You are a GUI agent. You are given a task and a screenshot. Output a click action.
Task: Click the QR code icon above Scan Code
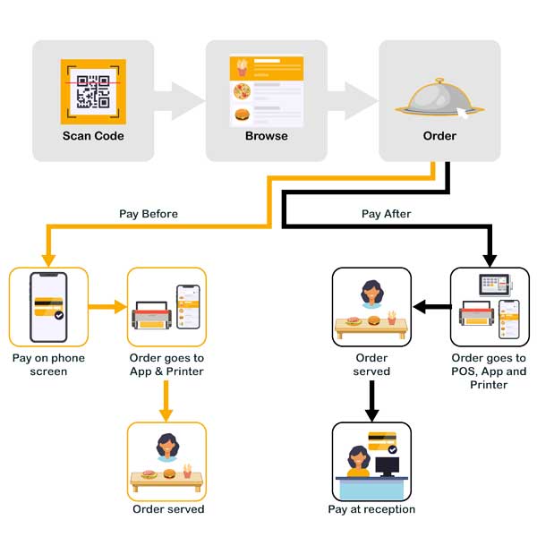tap(93, 91)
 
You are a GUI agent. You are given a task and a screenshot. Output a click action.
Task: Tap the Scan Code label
tap(93, 136)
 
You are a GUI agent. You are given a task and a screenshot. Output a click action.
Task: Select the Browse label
tap(267, 136)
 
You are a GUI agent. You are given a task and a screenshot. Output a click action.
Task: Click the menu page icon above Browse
tap(267, 90)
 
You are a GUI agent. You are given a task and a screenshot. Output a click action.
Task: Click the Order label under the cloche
tap(439, 136)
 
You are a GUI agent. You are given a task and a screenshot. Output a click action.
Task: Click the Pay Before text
tap(149, 214)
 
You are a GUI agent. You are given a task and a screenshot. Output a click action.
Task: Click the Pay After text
tap(386, 214)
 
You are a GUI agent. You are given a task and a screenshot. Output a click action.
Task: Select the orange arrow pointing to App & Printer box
tap(108, 308)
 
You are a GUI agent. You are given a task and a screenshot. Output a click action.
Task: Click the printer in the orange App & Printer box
tap(153, 318)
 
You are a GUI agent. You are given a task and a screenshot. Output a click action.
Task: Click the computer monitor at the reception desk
tap(388, 465)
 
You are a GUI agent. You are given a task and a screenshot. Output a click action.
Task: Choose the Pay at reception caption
tap(371, 509)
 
